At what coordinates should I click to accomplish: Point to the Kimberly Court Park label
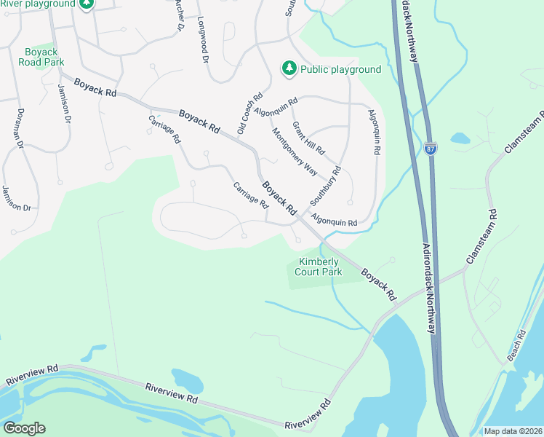click(318, 267)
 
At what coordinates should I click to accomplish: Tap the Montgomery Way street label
click(295, 151)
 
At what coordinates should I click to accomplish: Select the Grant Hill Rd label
click(308, 138)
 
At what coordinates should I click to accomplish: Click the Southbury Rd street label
click(325, 186)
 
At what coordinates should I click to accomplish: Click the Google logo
click(24, 428)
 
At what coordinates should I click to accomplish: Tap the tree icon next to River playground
click(87, 4)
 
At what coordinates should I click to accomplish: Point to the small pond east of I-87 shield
click(460, 137)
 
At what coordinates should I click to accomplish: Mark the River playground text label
click(38, 4)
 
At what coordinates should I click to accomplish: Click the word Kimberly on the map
click(318, 262)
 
